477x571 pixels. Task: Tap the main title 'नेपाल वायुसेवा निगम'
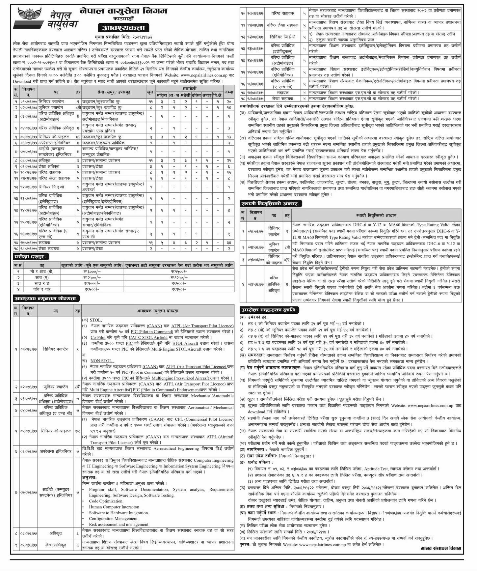click(123, 11)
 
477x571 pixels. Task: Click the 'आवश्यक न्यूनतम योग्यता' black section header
click(46, 299)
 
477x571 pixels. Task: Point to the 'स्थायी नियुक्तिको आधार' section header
click(271, 204)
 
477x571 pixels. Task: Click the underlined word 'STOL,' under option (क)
click(96, 320)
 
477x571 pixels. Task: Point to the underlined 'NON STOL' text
click(102, 361)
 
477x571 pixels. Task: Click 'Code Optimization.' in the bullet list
click(106, 501)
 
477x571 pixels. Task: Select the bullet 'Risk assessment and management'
click(119, 525)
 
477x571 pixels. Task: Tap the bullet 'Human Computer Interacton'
click(114, 507)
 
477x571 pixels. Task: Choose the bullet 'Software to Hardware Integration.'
click(119, 513)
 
